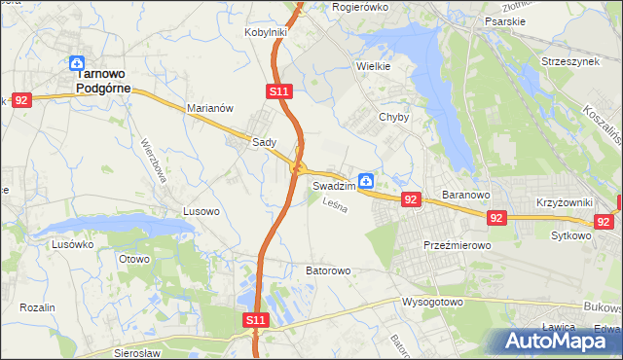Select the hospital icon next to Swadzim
coord(366,180)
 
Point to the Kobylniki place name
coord(266,32)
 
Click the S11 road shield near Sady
coord(278,91)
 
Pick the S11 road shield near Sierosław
coord(255,319)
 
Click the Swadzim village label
coord(332,185)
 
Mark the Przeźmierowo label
coord(457,246)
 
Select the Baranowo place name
coord(464,196)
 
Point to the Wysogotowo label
coord(432,302)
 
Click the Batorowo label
coord(328,270)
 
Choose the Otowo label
coord(133,259)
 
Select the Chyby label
coord(394,117)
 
